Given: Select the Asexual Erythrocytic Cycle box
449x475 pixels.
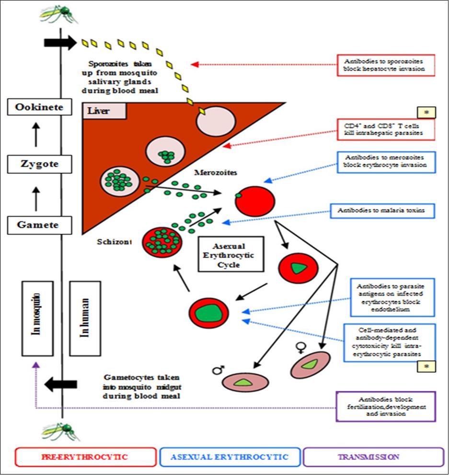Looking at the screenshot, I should [x=231, y=254].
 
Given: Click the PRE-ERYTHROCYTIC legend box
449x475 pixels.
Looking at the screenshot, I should [x=85, y=457].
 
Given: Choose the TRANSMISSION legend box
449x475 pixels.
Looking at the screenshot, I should [x=374, y=457].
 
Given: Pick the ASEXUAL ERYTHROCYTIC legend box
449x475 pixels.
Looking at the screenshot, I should [x=230, y=457].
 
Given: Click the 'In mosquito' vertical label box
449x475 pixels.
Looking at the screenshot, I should [x=38, y=318].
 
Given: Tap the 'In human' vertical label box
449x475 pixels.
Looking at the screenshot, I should [x=85, y=318].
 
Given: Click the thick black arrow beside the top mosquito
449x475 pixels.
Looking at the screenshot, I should [x=60, y=42].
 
